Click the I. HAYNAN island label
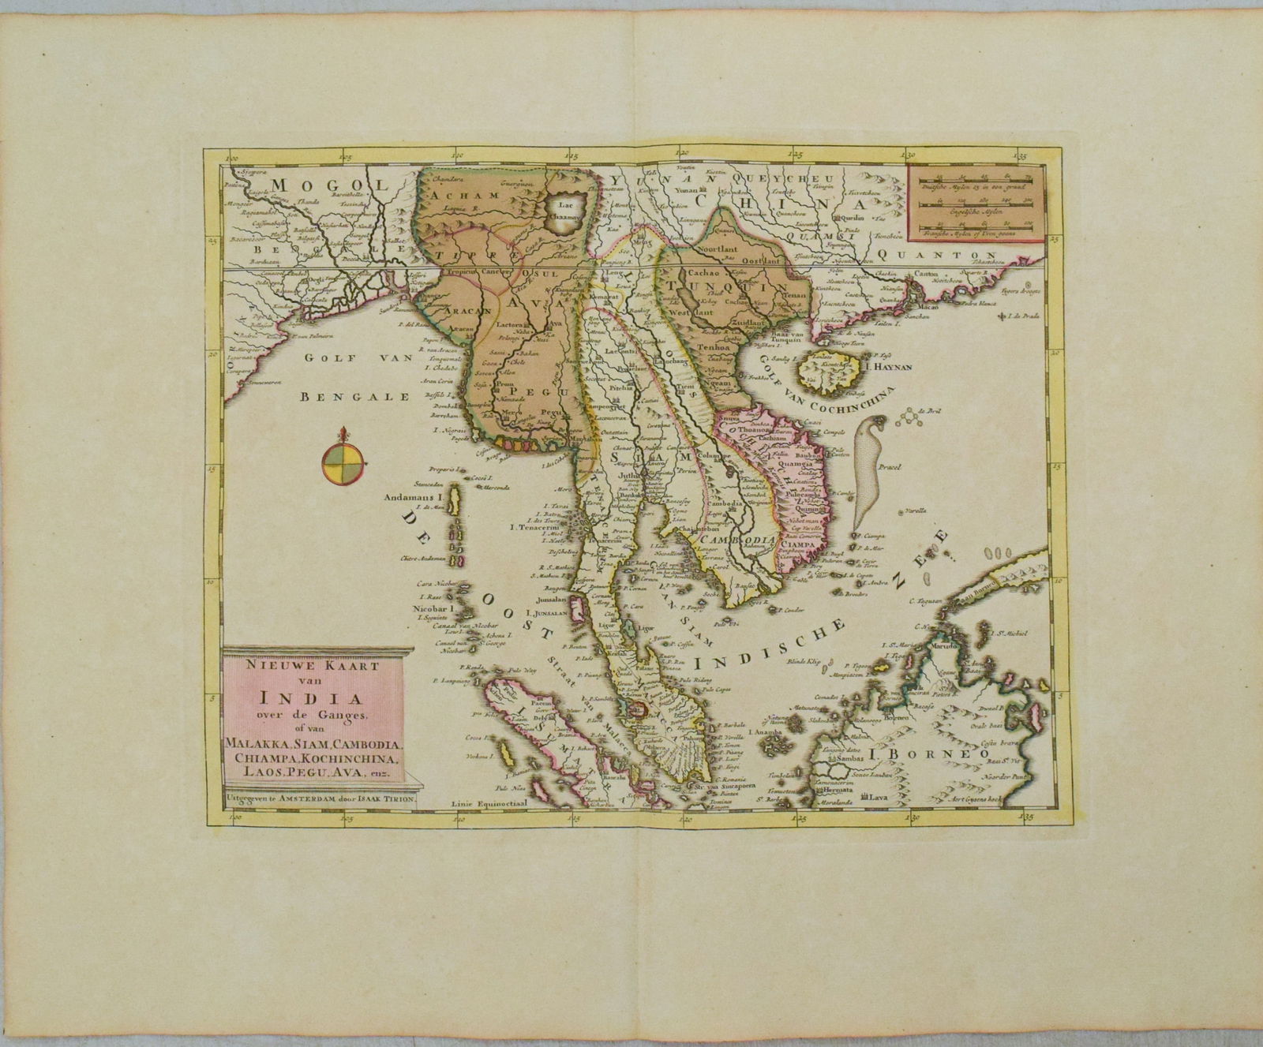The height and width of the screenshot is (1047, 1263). click(868, 366)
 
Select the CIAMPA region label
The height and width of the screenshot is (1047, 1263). click(801, 544)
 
